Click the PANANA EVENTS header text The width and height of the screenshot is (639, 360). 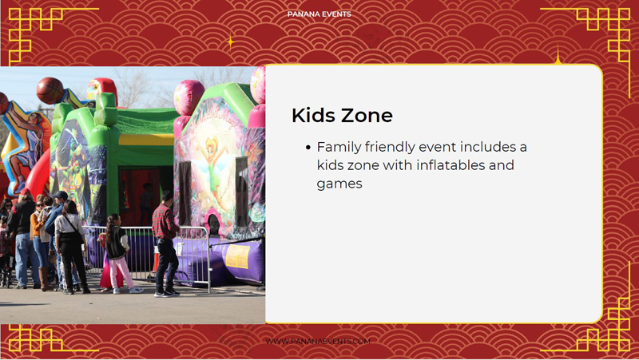point(319,14)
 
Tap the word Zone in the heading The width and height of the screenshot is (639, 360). point(367,115)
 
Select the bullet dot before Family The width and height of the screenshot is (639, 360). point(308,148)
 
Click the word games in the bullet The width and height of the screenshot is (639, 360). point(339,184)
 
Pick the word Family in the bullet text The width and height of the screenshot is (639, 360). point(339,148)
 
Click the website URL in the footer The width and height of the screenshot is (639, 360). point(318,342)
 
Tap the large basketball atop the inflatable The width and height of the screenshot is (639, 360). point(50,90)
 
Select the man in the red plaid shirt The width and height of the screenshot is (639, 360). point(166,243)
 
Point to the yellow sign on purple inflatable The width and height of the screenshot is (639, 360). point(237,256)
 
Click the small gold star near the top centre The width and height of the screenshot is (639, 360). point(230,42)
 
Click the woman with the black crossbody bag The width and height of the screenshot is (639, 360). point(71,247)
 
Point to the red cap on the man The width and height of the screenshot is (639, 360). point(25,192)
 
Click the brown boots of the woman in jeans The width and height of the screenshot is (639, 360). point(45,279)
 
